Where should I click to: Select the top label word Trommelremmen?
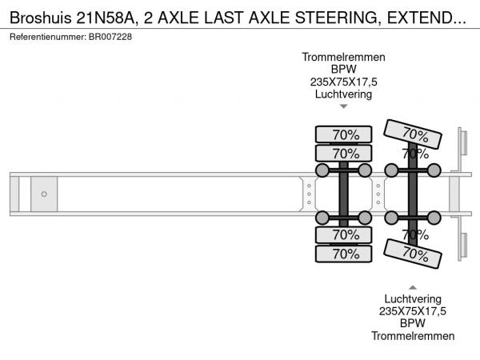344,58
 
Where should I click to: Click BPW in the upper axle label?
344,70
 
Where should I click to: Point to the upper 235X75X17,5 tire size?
344,82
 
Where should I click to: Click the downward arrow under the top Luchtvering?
344,106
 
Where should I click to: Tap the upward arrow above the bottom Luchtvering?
413,286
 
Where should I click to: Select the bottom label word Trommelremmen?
413,336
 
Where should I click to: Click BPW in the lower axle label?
413,324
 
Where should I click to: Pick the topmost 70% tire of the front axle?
345,134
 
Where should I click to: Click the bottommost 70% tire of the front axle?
345,254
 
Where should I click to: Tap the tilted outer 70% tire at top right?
414,134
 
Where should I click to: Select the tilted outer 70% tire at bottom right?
414,254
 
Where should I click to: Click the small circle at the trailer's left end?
44,194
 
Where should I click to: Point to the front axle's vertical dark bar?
344,194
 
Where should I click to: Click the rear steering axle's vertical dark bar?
413,194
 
